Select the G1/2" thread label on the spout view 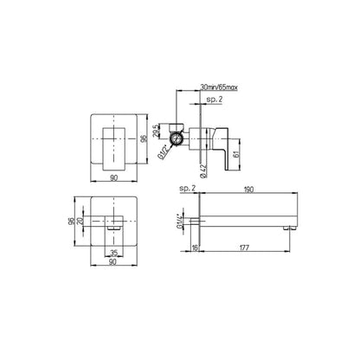182,223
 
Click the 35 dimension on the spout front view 113,254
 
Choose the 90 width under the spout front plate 113,263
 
